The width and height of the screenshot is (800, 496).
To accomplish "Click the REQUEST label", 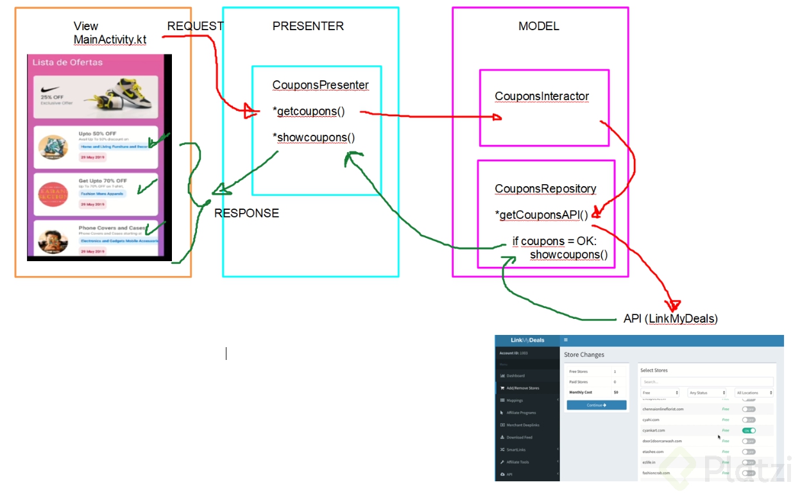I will [x=195, y=26].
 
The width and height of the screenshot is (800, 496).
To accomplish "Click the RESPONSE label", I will [x=246, y=214].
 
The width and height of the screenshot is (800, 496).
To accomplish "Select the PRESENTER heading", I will [x=308, y=26].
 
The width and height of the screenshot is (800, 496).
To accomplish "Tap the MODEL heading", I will [x=538, y=26].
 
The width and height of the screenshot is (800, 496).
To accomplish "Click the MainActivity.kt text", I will [x=110, y=40].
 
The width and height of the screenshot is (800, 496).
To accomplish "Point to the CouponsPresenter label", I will [x=320, y=85].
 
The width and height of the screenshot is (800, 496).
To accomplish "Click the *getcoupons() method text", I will [x=309, y=112].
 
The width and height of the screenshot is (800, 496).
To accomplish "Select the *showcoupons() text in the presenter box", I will [x=314, y=137].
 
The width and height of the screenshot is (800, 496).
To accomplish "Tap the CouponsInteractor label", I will [x=541, y=97].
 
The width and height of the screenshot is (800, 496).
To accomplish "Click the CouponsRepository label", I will [x=545, y=189].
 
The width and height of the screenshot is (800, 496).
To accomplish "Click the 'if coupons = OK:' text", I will [x=554, y=242].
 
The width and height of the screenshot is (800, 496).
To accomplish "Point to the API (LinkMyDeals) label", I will [x=670, y=319].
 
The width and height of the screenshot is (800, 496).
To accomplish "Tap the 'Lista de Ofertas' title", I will [x=67, y=63].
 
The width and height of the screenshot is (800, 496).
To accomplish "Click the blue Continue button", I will [x=597, y=406].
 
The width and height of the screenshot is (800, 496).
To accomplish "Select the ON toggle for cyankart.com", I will [x=748, y=431].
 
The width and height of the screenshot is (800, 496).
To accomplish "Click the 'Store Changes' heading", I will [x=584, y=355].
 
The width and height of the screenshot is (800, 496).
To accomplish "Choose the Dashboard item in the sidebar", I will [x=515, y=375].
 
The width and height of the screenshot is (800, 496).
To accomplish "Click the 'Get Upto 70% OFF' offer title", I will [x=103, y=181].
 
